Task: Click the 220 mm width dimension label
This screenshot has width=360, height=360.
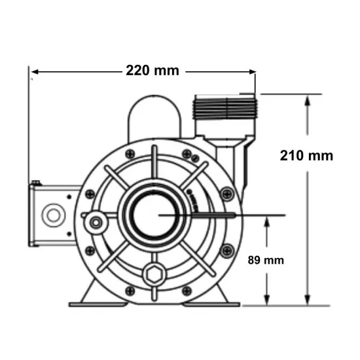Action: click(153, 71)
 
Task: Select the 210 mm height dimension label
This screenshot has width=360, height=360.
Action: click(306, 156)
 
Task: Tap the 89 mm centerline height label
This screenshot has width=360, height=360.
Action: click(266, 260)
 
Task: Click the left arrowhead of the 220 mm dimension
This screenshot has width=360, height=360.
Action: click(35, 72)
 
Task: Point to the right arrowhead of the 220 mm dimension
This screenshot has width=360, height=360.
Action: click(253, 72)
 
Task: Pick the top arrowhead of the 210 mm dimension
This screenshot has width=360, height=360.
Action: click(307, 100)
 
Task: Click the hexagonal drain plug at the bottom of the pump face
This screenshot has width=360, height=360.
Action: click(154, 274)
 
